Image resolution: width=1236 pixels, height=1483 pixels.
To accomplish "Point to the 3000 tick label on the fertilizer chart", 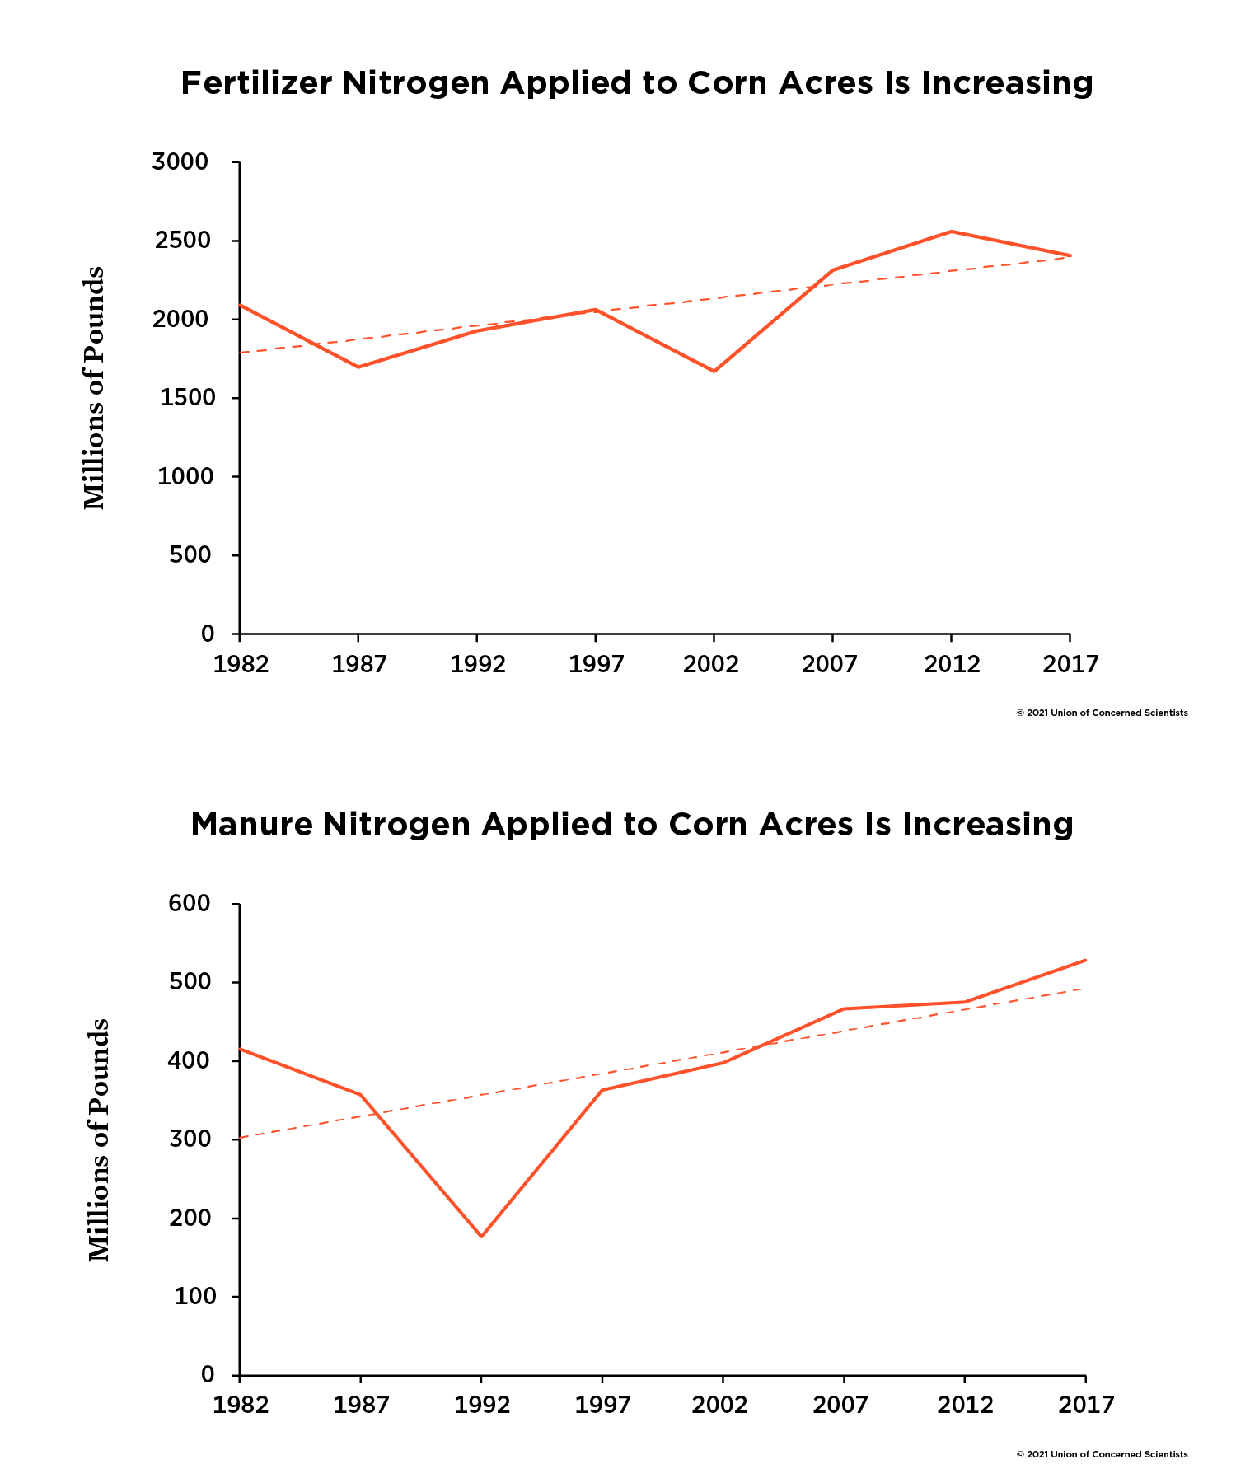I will (180, 162).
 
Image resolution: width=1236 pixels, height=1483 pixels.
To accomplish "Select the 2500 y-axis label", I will (180, 241).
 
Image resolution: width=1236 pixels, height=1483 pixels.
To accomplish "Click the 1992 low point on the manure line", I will (481, 1237).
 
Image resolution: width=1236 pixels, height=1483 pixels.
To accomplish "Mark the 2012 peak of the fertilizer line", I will (952, 232).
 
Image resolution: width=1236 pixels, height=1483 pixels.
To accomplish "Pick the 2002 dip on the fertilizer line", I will (714, 372).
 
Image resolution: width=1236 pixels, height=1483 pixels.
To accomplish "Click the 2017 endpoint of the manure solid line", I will (1085, 960).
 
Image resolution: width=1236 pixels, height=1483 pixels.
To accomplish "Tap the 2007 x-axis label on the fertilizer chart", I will (830, 665).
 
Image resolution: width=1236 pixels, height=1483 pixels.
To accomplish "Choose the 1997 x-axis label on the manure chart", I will (602, 1406).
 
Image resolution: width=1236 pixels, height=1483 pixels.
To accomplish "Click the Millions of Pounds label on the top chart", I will (95, 387).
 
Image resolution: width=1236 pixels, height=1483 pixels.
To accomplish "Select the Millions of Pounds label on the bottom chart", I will (99, 1139).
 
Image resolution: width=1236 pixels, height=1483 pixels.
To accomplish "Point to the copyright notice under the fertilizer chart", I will (1102, 713).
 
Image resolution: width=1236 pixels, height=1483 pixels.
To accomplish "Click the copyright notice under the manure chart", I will (1102, 1455).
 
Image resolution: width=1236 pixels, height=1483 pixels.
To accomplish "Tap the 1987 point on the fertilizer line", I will (358, 367).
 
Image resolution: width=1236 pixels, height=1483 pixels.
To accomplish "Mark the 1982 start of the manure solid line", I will (240, 1049).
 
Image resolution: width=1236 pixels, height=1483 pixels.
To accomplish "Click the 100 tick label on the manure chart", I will (195, 1297).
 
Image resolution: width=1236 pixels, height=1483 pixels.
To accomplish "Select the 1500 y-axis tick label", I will (181, 399).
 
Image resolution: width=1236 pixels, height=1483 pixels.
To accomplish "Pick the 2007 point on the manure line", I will (844, 1008).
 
